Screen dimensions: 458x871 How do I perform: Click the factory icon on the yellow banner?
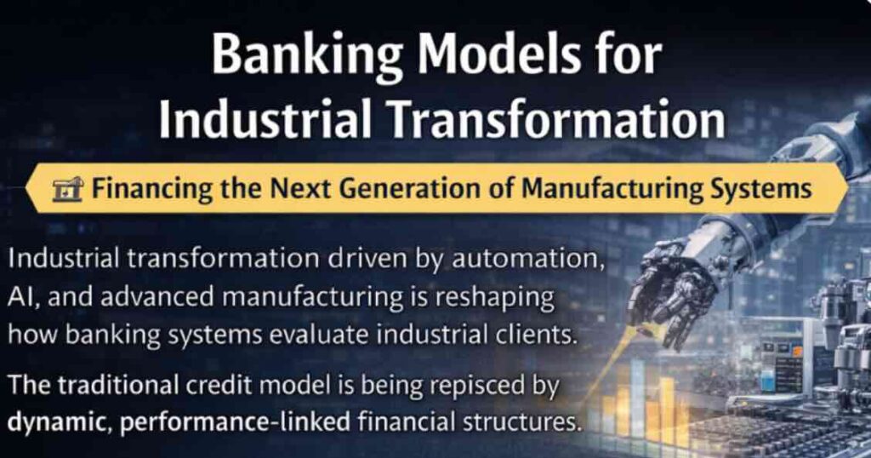pos(67,189)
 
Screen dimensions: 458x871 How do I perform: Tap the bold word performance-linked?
pos(234,422)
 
